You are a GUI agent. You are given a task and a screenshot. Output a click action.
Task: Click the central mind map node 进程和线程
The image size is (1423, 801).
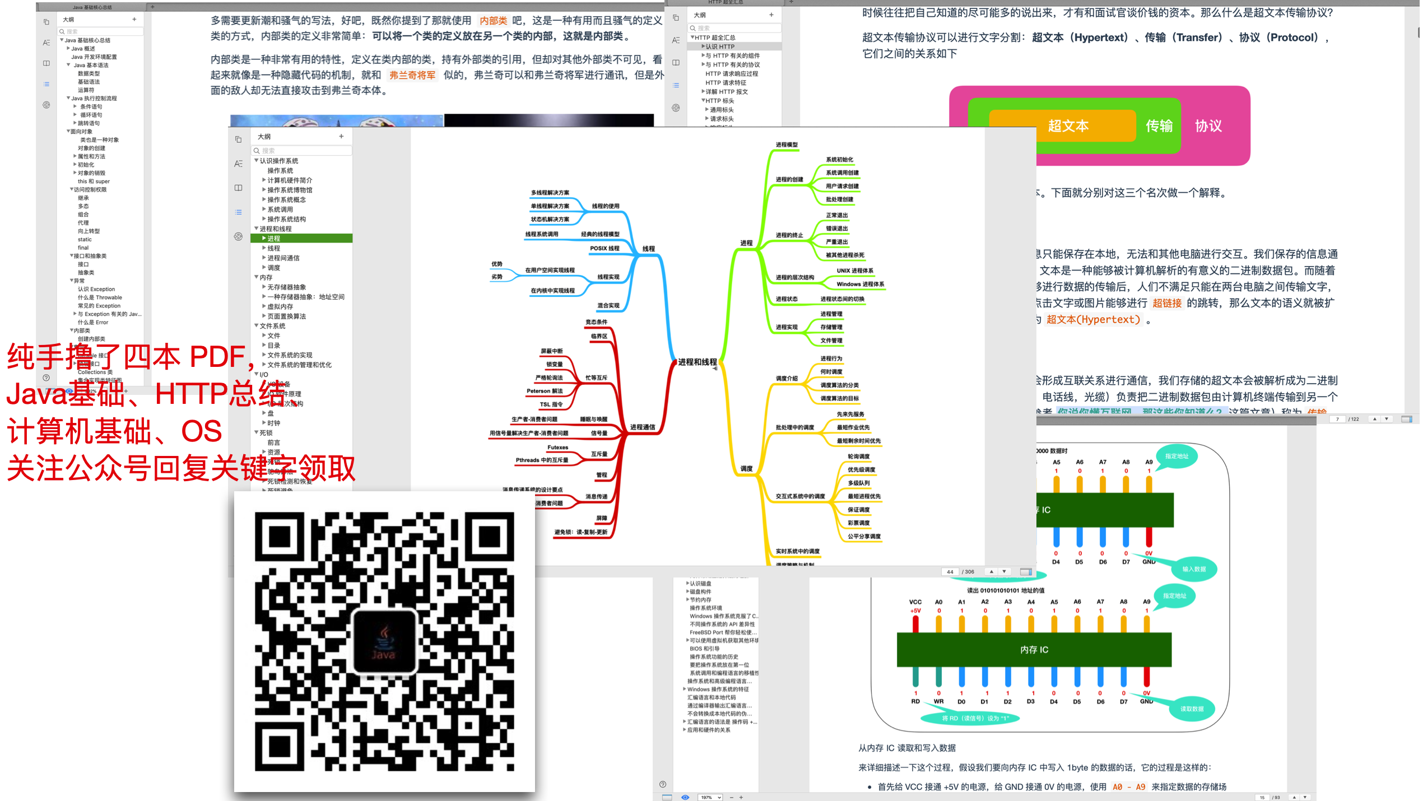pos(697,362)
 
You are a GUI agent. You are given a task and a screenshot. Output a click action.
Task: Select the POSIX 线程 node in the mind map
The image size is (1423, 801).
pos(604,248)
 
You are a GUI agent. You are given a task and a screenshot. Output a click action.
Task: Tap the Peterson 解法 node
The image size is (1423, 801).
pos(544,391)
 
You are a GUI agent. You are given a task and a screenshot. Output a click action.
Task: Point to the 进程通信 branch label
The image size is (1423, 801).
pos(642,427)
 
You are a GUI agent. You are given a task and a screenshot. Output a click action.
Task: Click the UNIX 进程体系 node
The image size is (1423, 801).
pos(854,271)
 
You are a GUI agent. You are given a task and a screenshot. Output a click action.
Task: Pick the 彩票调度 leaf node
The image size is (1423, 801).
pos(858,523)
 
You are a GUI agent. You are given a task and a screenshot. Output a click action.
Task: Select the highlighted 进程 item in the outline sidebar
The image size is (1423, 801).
pos(274,239)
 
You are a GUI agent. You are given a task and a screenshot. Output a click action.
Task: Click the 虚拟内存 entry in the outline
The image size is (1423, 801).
pos(280,306)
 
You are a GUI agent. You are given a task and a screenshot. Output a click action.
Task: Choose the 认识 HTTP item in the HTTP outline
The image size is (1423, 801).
pos(720,46)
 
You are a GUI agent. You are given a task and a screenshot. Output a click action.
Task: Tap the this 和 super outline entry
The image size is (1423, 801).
pos(94,181)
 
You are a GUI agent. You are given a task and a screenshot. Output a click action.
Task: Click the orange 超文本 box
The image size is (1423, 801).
pos(1068,126)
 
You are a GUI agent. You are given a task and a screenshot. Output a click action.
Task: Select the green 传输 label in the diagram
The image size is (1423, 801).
pos(1159,126)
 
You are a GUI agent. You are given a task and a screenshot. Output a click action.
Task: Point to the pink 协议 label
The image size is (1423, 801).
pos(1208,126)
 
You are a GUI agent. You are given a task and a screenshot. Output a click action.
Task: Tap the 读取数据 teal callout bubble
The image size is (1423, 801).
pos(1192,709)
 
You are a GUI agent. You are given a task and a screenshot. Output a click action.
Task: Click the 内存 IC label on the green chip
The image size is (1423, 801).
pos(1034,650)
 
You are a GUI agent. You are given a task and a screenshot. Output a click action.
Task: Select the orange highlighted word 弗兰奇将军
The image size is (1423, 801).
pos(412,75)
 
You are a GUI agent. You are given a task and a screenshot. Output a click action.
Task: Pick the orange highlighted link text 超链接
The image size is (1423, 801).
pos(1167,303)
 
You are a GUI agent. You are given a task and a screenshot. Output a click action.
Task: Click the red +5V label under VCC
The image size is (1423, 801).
pos(915,611)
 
